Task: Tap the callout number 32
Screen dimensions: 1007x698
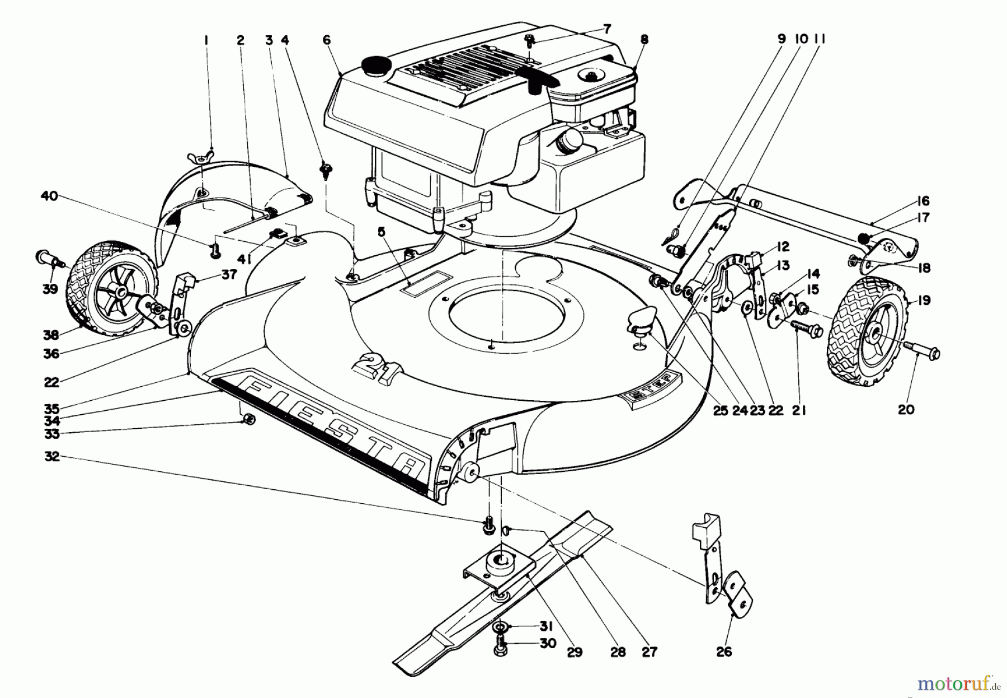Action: tap(52, 457)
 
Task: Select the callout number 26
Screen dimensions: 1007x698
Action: tap(724, 652)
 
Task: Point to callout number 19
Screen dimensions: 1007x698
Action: tap(924, 301)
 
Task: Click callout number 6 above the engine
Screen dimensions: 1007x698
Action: tap(327, 40)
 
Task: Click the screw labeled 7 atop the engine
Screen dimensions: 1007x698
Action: tap(529, 40)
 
